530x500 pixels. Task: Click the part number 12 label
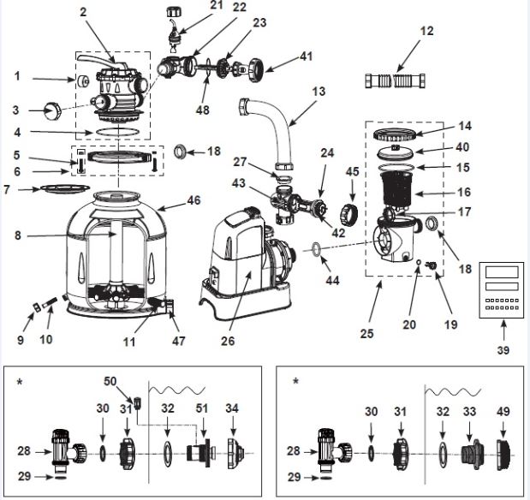(x=426, y=31)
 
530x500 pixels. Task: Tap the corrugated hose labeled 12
(x=395, y=81)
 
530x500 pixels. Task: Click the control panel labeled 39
(x=502, y=290)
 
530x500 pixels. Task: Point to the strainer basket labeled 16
(x=396, y=190)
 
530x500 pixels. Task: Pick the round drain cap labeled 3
(x=52, y=110)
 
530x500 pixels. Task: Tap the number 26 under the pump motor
(x=228, y=341)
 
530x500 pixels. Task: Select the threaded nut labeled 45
(x=348, y=214)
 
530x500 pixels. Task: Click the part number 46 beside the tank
(x=194, y=200)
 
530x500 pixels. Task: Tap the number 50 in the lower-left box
(x=110, y=381)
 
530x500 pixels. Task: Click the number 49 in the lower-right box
(x=503, y=412)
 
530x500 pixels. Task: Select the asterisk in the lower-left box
(x=21, y=383)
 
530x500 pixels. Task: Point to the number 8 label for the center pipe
(x=18, y=235)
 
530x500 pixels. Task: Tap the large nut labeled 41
(x=257, y=70)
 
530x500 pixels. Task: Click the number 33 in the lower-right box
(x=470, y=412)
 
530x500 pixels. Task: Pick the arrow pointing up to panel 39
(x=503, y=330)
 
